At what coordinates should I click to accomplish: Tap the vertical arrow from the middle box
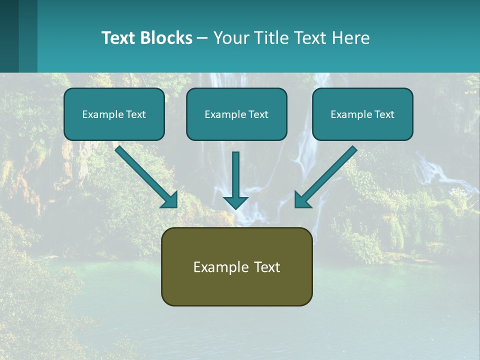pyautogui.click(x=235, y=175)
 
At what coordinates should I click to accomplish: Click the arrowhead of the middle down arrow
pyautogui.click(x=235, y=202)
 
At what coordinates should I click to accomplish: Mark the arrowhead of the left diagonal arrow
pyautogui.click(x=170, y=200)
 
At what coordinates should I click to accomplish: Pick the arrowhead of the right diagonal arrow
pyautogui.click(x=301, y=200)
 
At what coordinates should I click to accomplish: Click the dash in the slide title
pyautogui.click(x=202, y=38)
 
